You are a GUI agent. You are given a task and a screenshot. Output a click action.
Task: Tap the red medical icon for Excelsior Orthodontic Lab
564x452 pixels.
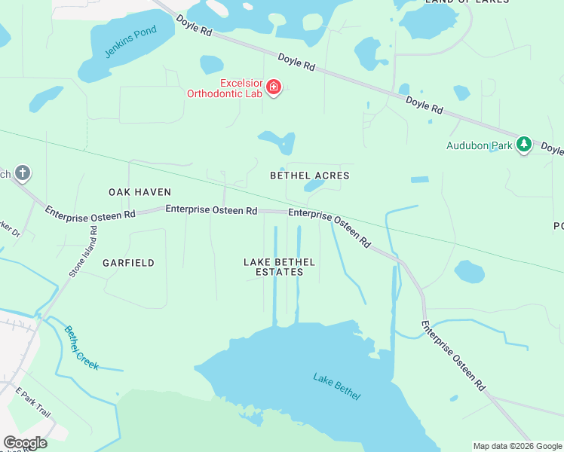pyautogui.click(x=273, y=89)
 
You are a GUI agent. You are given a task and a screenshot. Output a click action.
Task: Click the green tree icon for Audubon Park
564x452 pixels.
pyautogui.click(x=524, y=145)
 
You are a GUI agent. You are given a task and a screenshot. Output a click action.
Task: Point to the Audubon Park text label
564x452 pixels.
pyautogui.click(x=478, y=145)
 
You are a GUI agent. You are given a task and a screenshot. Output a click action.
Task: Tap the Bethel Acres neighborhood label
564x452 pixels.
pyautogui.click(x=310, y=176)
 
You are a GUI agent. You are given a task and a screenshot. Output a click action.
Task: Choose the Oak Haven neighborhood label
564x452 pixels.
pyautogui.click(x=139, y=192)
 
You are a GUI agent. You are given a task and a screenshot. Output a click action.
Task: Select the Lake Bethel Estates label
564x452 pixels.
pyautogui.click(x=279, y=267)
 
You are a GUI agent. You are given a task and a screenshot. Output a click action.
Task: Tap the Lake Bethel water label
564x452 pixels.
pyautogui.click(x=337, y=386)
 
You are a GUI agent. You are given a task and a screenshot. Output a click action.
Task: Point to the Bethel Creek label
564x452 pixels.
pyautogui.click(x=81, y=347)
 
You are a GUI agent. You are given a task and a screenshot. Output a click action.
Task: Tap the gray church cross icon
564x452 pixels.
pyautogui.click(x=23, y=174)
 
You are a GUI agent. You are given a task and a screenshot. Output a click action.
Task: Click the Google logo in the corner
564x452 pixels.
pyautogui.click(x=25, y=443)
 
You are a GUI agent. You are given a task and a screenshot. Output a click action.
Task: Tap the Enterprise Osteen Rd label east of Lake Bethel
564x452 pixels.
pyautogui.click(x=452, y=356)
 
